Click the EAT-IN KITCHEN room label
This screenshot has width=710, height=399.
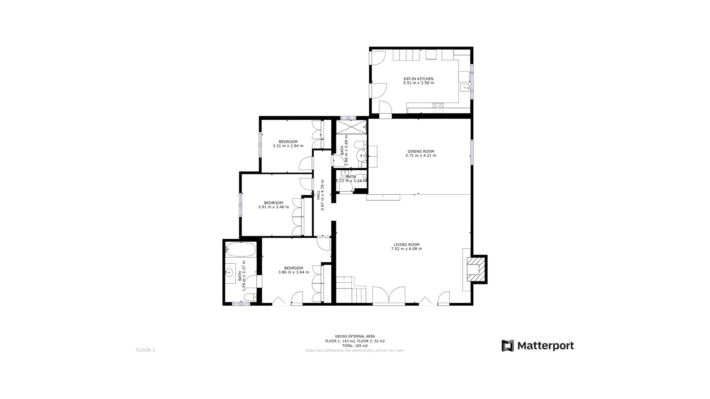418,79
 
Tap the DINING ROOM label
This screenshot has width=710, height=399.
421,151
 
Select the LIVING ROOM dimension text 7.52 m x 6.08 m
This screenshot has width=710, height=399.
406,249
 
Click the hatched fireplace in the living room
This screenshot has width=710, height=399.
474,269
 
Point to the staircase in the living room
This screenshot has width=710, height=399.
352,290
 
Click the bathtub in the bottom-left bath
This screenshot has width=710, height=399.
241,250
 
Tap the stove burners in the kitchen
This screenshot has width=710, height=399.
438,108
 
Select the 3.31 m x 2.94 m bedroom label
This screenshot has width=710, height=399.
288,144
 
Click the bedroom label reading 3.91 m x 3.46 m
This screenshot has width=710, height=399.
274,205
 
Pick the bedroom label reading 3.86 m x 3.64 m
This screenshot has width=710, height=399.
294,270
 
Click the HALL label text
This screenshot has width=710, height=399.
318,195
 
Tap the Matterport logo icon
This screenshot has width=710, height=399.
508,346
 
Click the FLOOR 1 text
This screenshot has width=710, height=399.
145,350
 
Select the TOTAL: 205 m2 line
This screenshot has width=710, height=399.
355,346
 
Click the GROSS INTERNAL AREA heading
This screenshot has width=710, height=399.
355,337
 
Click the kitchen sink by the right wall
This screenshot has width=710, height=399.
464,88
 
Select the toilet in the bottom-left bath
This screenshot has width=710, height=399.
250,297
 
